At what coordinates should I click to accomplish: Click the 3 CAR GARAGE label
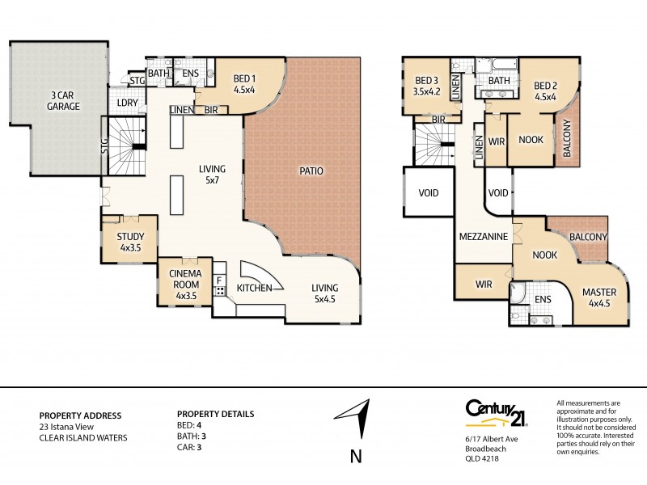coord(62,100)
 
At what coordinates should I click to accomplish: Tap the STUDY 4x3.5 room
coord(130,242)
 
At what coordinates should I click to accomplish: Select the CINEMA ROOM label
coord(186,284)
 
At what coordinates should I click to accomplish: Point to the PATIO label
coord(311,171)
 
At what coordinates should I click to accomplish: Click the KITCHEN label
coord(255,288)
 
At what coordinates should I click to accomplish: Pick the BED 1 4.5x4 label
coord(244,84)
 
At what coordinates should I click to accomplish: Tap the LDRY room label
coord(128,103)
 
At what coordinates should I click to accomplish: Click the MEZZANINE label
coord(483,237)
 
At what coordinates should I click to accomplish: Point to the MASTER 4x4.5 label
coord(602,297)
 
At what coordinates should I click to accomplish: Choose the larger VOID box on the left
coord(429,193)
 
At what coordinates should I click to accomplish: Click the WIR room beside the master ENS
coord(484,285)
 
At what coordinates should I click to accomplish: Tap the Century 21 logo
coord(493,413)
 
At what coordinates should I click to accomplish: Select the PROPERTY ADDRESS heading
coord(80,415)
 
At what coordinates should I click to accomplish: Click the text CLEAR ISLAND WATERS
coord(83,438)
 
